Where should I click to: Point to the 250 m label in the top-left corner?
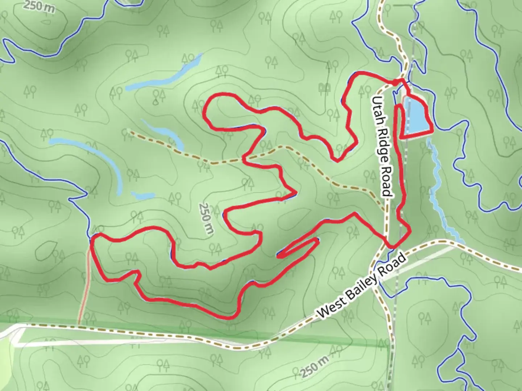[x=40, y=6]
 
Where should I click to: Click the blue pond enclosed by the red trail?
[x=416, y=115]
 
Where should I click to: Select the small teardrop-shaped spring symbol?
[x=156, y=102]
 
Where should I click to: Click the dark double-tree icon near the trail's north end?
[x=325, y=87]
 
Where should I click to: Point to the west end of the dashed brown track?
[x=129, y=132]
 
